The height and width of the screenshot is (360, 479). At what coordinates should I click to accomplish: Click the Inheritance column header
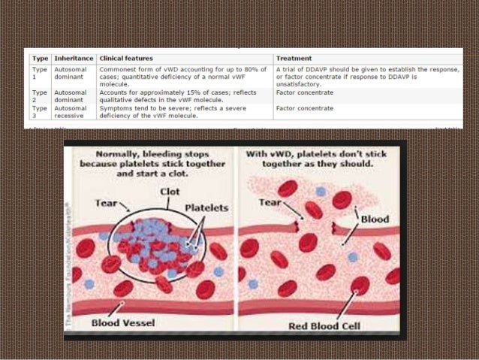(x=74, y=59)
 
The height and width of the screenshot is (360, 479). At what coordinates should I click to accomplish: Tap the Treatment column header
(x=294, y=59)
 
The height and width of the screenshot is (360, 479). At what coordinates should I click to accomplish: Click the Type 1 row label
(x=39, y=73)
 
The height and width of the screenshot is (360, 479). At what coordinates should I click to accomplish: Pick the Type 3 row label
(x=39, y=112)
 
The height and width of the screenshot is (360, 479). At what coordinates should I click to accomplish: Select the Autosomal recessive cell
(x=72, y=112)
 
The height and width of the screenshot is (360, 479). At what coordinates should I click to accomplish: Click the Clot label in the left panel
(x=170, y=191)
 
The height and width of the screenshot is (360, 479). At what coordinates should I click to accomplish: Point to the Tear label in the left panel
(x=107, y=203)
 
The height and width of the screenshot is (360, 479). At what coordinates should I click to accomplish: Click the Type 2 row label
(x=39, y=92)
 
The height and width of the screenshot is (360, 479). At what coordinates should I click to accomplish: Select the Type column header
(x=39, y=59)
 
